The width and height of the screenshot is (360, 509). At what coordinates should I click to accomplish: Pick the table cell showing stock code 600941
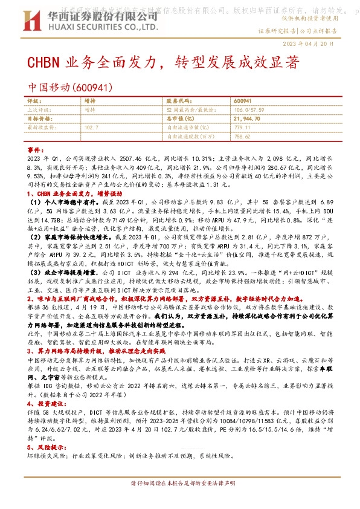click(x=243, y=102)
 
